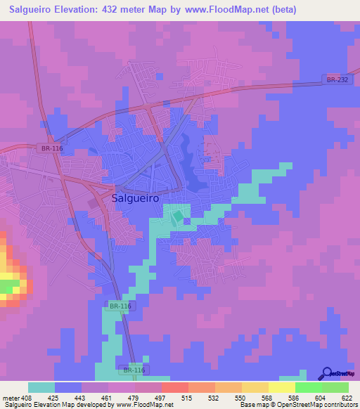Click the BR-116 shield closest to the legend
[134, 370]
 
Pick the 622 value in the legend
[347, 398]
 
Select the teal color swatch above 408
[41, 387]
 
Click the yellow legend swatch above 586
[281, 387]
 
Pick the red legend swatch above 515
[174, 387]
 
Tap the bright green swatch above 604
[308, 387]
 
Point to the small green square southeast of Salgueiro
[178, 216]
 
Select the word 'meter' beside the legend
[10, 398]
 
